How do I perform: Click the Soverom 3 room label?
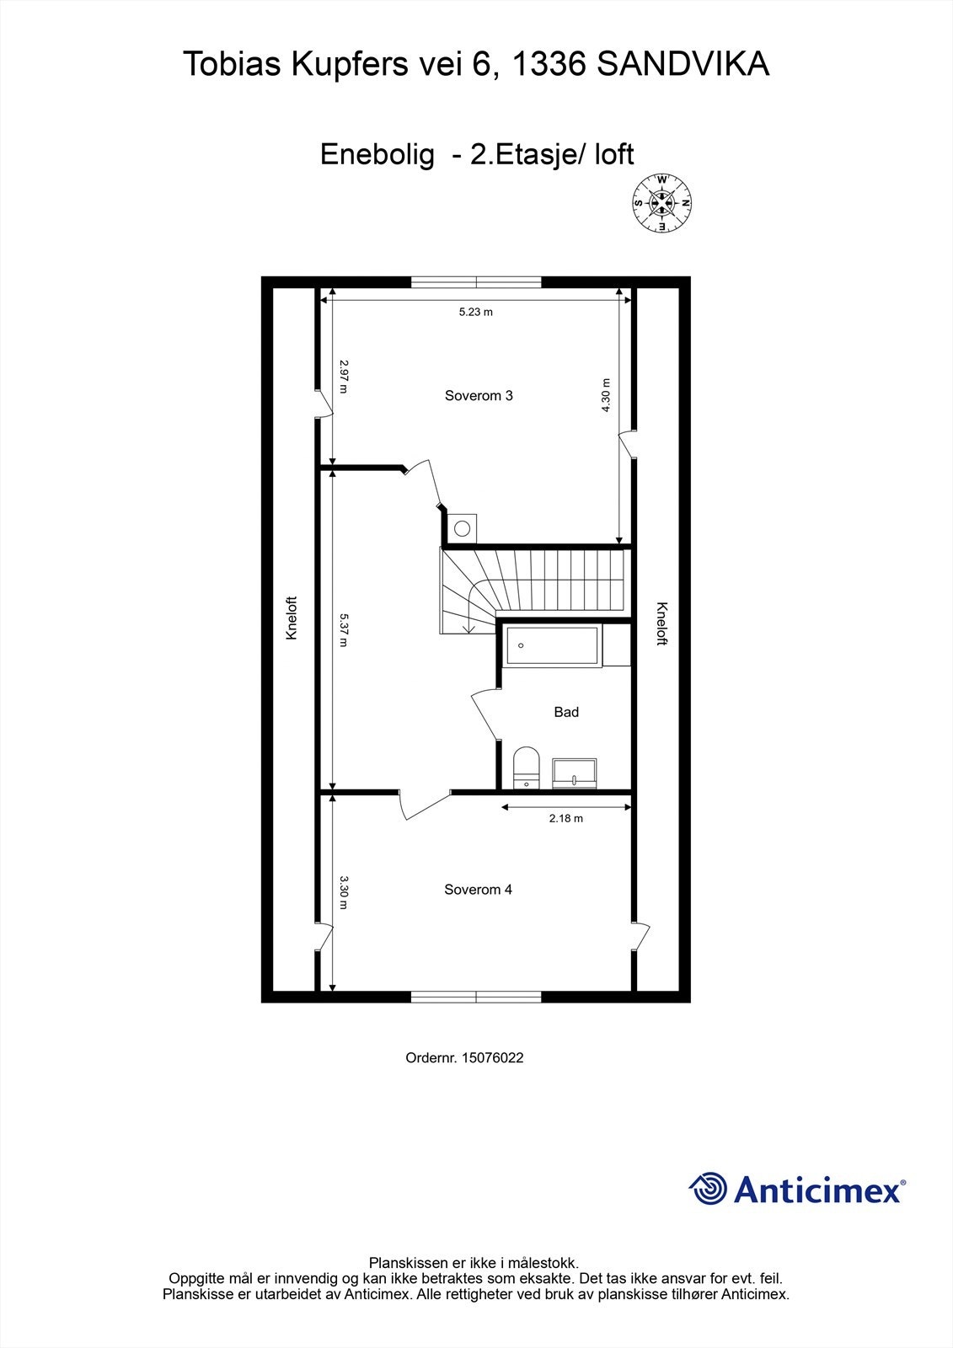479,396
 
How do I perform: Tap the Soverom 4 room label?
478,890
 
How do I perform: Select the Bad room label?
566,713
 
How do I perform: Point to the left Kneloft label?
292,618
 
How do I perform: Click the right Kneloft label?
661,623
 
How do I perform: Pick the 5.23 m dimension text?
475,313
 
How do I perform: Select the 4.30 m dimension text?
605,395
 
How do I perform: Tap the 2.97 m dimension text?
344,377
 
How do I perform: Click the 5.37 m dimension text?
343,629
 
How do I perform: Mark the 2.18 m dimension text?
565,818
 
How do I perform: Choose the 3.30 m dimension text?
344,893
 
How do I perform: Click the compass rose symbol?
662,203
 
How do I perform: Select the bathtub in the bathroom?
552,646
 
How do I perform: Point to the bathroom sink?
575,773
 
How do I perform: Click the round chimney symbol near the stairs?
462,528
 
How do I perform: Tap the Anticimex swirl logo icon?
708,1189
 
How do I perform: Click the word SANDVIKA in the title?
683,64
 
